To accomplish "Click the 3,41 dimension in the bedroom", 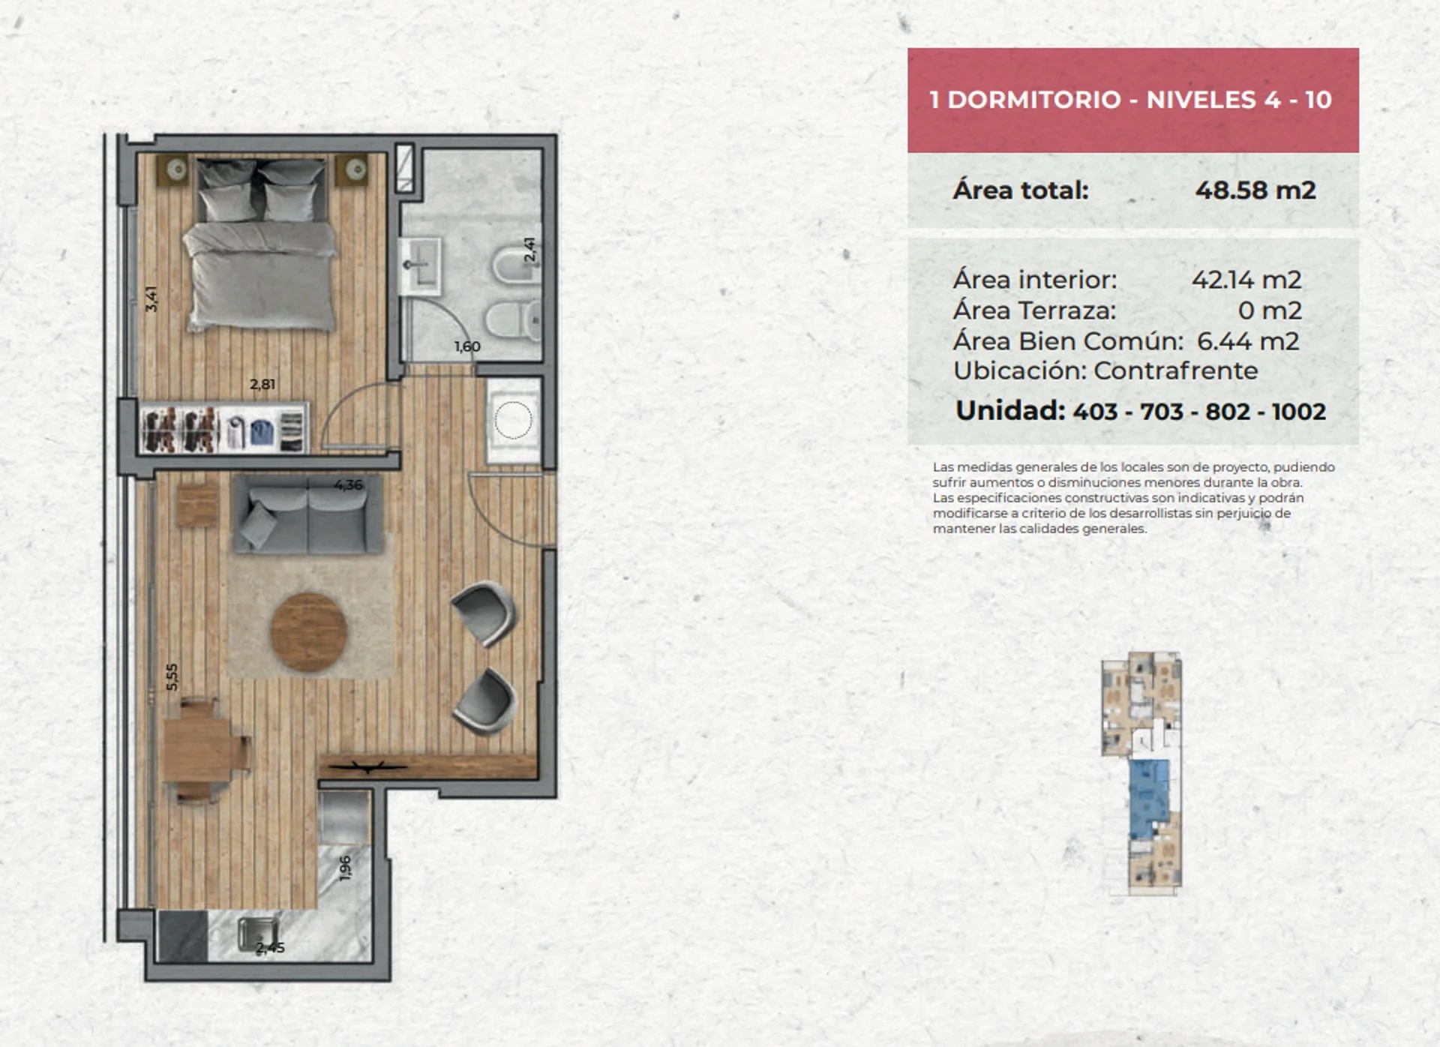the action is coord(151,298).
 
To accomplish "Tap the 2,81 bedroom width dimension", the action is coord(262,384).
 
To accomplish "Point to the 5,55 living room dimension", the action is coord(172,676).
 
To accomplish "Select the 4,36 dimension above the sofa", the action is coord(349,484).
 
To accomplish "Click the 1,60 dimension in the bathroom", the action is coord(467,346).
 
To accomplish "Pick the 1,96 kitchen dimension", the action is coord(345,868).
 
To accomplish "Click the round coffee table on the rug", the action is coord(309,631).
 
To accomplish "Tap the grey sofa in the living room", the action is coord(308,515).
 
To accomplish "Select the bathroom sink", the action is coord(420,266).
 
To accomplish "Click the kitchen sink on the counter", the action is coord(257,934).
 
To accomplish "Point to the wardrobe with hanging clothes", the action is coord(223,429).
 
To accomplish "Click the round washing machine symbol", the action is coord(514,420).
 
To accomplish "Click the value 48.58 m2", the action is coord(1255,190).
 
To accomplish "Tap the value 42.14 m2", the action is coord(1246,280).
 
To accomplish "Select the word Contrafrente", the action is coord(1175,370).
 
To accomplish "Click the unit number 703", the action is coord(1162,412).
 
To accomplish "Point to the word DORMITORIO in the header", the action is coord(1034,100).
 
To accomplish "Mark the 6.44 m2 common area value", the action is coord(1248,341).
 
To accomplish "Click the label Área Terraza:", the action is coord(1034,310).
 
